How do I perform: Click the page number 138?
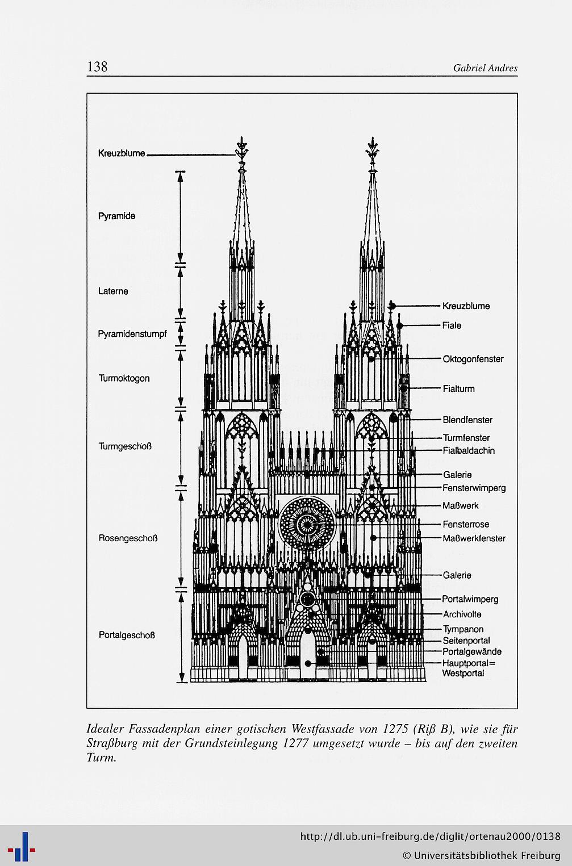tap(98, 66)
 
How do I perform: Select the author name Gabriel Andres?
tap(485, 68)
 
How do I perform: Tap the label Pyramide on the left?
tap(117, 216)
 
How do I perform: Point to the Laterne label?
tap(113, 291)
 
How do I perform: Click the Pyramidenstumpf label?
tap(132, 334)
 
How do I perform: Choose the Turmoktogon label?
tap(124, 378)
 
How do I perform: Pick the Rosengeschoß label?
tap(128, 538)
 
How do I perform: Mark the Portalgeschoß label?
tap(127, 635)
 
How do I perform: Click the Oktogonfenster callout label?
tap(473, 359)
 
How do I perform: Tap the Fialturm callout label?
tap(459, 388)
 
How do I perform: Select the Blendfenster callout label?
tap(467, 420)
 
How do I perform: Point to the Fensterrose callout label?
tap(466, 524)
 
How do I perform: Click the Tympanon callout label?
tap(464, 629)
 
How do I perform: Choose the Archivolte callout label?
tap(462, 614)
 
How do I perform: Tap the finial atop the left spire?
tap(242, 152)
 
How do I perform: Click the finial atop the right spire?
tap(373, 152)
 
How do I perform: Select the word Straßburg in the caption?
tap(112, 743)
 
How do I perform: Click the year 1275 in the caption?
tap(396, 729)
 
